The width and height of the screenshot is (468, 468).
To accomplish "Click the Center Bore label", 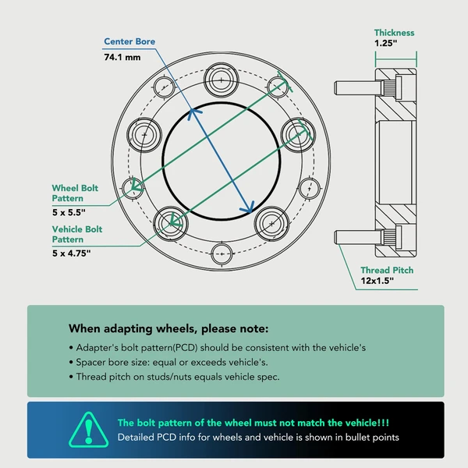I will (129, 41).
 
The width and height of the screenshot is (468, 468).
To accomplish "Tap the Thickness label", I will (394, 33).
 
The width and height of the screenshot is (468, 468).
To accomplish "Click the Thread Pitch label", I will (387, 271).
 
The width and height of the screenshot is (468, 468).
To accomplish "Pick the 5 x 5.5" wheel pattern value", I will (68, 212).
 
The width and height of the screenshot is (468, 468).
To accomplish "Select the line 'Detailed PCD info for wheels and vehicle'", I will (257, 438).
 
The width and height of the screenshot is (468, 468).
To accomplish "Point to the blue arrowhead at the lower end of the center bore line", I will (249, 207).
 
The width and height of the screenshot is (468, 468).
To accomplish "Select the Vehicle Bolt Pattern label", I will (77, 235).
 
